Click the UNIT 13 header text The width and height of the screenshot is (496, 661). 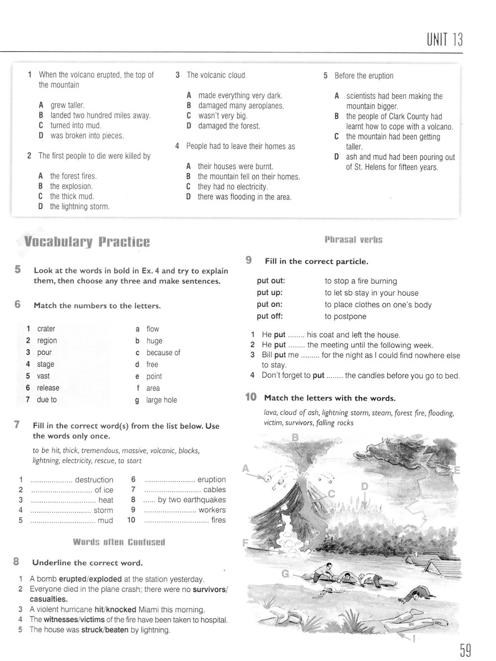[444, 39]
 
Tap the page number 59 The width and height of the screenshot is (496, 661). [465, 650]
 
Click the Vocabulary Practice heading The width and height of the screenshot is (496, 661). [87, 242]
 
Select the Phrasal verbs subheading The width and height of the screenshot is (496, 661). [353, 240]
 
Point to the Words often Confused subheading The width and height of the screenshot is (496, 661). [119, 542]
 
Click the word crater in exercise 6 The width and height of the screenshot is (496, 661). [46, 329]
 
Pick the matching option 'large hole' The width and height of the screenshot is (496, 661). [161, 400]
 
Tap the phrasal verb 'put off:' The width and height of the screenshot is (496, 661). [270, 317]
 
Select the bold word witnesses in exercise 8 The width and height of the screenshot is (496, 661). [61, 619]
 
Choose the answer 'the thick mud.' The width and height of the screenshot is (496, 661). [72, 197]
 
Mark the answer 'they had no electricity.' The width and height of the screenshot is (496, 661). [233, 187]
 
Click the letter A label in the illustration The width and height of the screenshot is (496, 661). [246, 468]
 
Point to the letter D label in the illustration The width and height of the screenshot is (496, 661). [365, 486]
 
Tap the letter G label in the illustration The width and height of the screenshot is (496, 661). [285, 574]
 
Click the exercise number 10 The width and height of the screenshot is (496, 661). [251, 397]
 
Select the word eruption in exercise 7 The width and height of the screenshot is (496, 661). [211, 480]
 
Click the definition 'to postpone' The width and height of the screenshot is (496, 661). [346, 317]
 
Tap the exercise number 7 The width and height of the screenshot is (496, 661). [17, 425]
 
